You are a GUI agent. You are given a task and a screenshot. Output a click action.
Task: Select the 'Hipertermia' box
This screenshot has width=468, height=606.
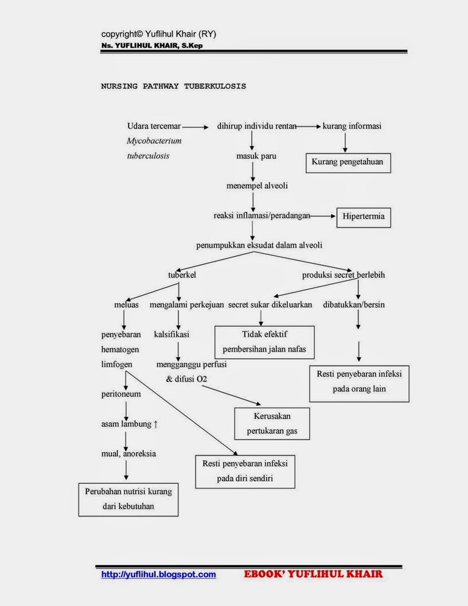coord(363,217)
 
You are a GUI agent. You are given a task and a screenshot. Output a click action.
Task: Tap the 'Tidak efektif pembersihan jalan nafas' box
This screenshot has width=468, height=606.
coord(264,341)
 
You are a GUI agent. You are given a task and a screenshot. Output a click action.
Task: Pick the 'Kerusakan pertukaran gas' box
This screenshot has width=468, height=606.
coord(272,424)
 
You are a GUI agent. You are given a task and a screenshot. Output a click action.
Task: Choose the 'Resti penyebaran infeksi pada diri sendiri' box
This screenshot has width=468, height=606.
coord(245,471)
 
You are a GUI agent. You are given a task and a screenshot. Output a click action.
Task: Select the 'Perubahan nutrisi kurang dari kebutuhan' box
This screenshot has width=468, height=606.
coord(128,499)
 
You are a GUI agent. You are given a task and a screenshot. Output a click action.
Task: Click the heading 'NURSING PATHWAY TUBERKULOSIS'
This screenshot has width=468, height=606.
coord(174,86)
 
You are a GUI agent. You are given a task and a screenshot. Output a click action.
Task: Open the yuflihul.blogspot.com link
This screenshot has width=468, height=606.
coord(158,574)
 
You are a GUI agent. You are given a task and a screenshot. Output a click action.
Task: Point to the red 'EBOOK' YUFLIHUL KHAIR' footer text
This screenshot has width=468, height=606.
coord(313,574)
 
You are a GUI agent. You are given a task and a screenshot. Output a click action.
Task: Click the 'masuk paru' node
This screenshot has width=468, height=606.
coord(252,156)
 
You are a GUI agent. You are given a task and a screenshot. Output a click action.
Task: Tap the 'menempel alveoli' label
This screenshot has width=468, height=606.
coord(257,185)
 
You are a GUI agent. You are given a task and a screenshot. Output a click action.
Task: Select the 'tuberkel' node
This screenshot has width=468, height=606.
coord(182,275)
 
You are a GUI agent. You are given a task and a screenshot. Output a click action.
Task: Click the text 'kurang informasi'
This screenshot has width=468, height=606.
coord(352,126)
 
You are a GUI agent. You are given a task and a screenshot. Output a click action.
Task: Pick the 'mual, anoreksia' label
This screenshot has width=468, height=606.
coord(128,453)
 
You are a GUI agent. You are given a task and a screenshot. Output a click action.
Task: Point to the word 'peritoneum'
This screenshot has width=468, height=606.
coord(121,394)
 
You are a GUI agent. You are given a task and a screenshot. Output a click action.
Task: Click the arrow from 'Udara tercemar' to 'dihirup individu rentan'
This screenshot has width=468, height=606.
coord(196,127)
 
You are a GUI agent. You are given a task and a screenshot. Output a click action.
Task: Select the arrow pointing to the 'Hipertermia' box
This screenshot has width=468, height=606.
coord(323,216)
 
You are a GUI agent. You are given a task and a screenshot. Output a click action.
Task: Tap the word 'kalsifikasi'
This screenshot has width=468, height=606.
coord(171,334)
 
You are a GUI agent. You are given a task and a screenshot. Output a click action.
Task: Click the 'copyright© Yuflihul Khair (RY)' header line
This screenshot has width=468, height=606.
coord(159,34)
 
